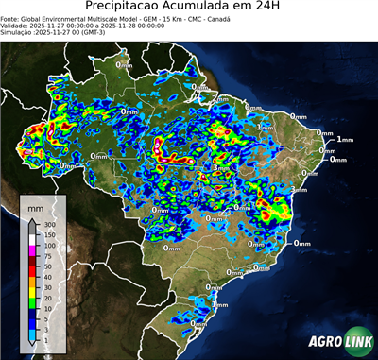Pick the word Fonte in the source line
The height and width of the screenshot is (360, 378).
coord(11,18)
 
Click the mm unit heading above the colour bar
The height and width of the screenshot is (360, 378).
coord(36,205)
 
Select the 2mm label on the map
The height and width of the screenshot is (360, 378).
coord(220,97)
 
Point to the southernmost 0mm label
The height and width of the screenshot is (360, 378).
coord(198,324)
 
